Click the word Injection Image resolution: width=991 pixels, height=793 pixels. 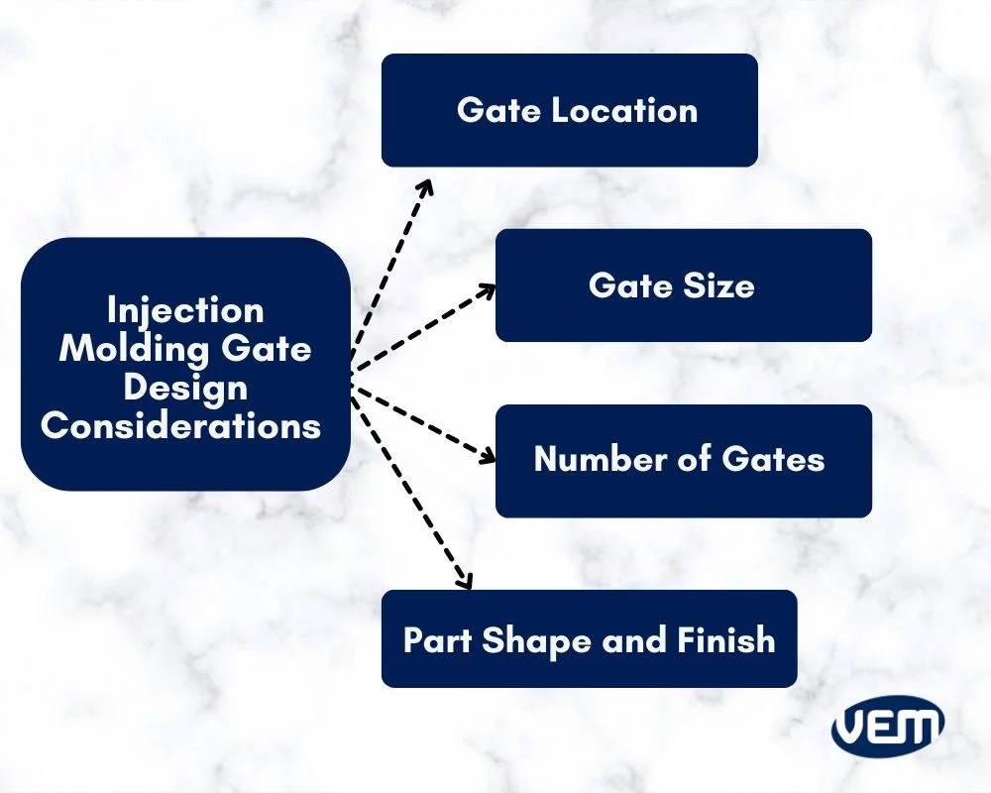click(x=185, y=310)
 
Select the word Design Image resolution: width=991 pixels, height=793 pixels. click(x=185, y=387)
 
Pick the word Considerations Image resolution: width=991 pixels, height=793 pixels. click(x=181, y=425)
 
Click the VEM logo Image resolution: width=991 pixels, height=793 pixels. click(x=887, y=728)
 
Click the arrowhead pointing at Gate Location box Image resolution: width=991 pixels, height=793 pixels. click(x=426, y=185)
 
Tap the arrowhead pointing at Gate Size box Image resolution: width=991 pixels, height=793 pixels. click(x=489, y=288)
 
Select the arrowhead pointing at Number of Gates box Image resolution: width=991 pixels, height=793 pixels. click(x=489, y=459)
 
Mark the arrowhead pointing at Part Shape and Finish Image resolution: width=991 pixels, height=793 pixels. click(x=463, y=583)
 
